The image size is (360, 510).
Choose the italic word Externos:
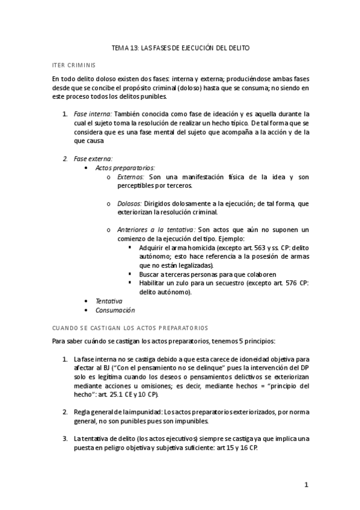pyautogui.click(x=131, y=177)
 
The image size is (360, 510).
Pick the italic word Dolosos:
pyautogui.click(x=130, y=204)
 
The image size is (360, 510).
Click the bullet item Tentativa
pyautogui.click(x=109, y=301)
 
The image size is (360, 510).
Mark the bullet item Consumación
pyautogui.click(x=115, y=310)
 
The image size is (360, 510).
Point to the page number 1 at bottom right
pyautogui.click(x=306, y=485)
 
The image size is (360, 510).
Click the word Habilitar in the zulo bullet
pyautogui.click(x=153, y=283)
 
